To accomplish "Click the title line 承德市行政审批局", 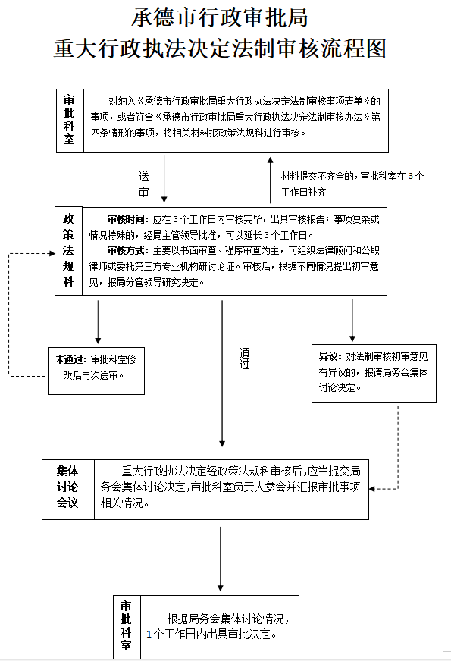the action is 220,18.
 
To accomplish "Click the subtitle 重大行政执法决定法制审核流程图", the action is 220,49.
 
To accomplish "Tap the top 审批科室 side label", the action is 69,120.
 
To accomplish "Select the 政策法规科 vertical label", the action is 68,250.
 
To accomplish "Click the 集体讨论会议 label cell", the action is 68,487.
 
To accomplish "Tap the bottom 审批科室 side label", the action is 126,626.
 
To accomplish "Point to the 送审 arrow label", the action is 143,183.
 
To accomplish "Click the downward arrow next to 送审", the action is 164,179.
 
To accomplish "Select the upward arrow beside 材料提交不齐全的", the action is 270,180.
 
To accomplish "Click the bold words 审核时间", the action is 127,219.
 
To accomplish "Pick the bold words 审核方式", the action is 127,250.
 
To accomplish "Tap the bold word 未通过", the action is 70,359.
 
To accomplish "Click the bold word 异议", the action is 330,356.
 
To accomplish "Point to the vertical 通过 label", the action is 245,359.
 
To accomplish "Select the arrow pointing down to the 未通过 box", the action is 98,322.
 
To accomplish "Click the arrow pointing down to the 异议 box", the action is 352,321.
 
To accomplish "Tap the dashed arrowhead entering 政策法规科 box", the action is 52,253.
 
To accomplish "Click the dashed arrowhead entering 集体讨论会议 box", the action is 372,489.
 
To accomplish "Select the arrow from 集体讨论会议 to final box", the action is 220,559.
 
